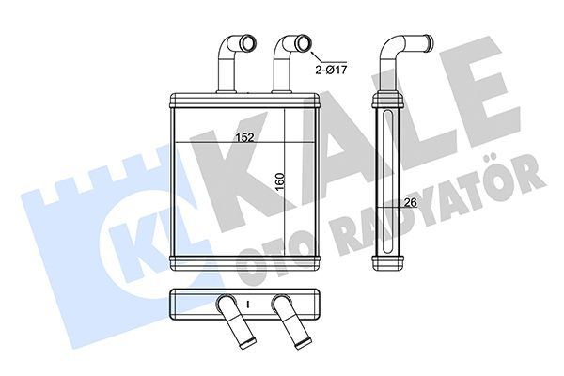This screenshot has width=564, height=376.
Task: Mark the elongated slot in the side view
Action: (x=385, y=179)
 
